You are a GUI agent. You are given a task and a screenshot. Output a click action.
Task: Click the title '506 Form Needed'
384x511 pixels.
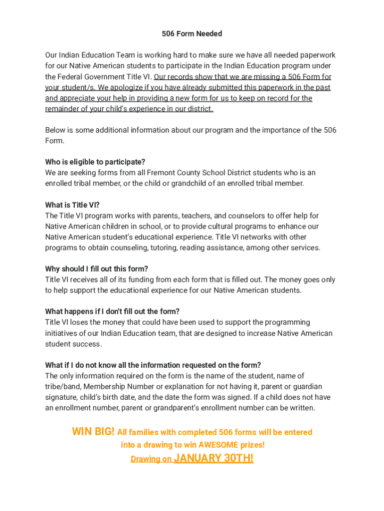pos(192,33)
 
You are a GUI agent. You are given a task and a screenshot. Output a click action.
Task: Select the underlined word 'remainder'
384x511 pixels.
pos(65,109)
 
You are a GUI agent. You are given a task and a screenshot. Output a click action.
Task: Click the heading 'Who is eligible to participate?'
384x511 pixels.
pos(95,162)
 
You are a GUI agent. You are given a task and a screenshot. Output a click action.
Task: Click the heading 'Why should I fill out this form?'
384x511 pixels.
pos(97,269)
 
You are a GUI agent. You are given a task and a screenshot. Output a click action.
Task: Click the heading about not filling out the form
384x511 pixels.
pos(113,312)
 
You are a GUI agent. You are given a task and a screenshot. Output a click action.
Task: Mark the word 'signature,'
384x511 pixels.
pos(62,398)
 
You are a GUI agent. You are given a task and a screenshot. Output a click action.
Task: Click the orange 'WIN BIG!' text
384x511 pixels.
pos(93,432)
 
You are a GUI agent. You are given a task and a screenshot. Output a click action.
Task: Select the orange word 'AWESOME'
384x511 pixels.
pos(217,445)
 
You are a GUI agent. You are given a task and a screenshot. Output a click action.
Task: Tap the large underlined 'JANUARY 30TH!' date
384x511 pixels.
pos(213,459)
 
